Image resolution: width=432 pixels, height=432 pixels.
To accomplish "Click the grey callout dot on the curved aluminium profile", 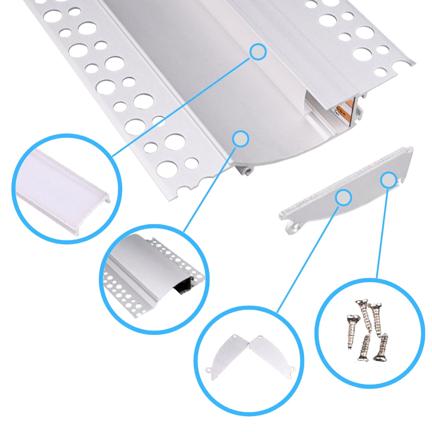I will click(241, 139).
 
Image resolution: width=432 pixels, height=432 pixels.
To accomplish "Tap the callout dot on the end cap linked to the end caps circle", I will click(344, 197).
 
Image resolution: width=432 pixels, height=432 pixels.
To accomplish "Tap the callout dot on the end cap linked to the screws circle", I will click(389, 180).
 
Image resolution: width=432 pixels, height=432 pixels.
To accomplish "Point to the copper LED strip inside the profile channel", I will click(345, 110).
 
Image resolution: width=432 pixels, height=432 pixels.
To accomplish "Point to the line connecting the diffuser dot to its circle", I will click(181, 104).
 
